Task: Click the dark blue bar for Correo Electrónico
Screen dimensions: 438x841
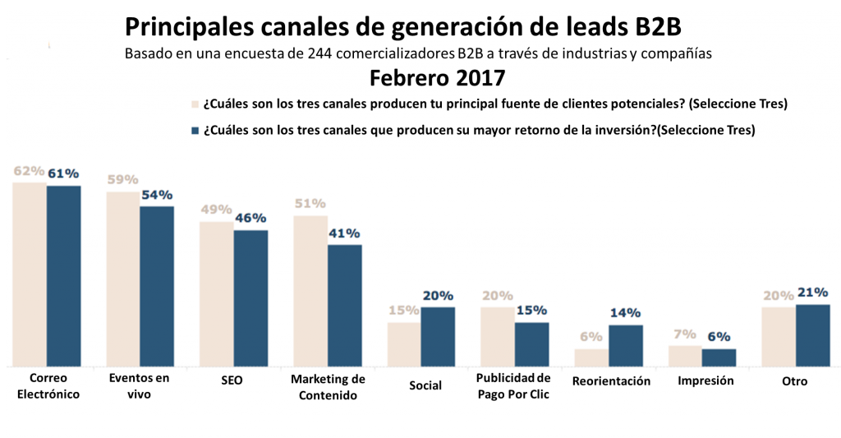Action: click(x=63, y=275)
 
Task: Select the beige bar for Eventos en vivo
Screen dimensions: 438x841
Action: click(x=123, y=279)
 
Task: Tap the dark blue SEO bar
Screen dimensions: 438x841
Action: click(x=250, y=297)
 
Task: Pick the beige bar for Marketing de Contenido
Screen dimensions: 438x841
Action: click(x=310, y=290)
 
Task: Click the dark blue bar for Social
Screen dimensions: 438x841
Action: click(x=438, y=336)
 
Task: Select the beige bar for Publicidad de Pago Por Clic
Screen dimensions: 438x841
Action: click(x=498, y=336)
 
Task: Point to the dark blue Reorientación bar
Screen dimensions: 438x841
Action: click(x=625, y=345)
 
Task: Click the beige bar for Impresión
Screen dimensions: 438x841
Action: click(x=685, y=355)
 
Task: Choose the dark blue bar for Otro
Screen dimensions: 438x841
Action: click(x=812, y=334)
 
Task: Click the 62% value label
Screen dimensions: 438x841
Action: click(x=29, y=171)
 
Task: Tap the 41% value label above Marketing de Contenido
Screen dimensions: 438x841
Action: click(x=344, y=233)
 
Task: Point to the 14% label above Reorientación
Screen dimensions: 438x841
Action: click(x=625, y=313)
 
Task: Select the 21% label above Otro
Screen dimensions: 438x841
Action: click(x=811, y=293)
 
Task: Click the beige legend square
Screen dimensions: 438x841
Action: click(x=195, y=104)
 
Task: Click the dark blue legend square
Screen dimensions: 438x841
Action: click(x=195, y=130)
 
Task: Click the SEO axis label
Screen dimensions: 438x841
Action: click(x=232, y=381)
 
